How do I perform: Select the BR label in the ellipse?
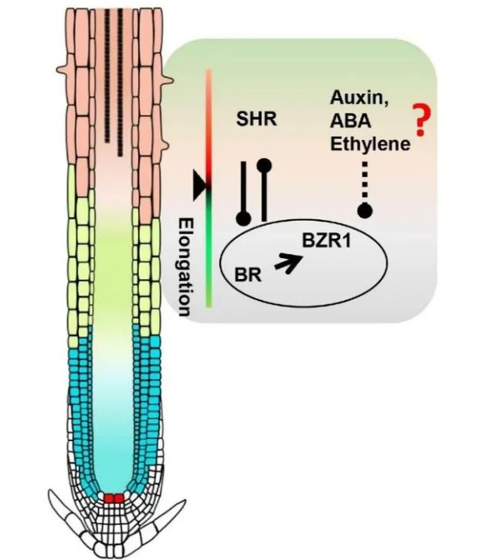coord(246,275)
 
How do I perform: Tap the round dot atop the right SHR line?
coord(263,166)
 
